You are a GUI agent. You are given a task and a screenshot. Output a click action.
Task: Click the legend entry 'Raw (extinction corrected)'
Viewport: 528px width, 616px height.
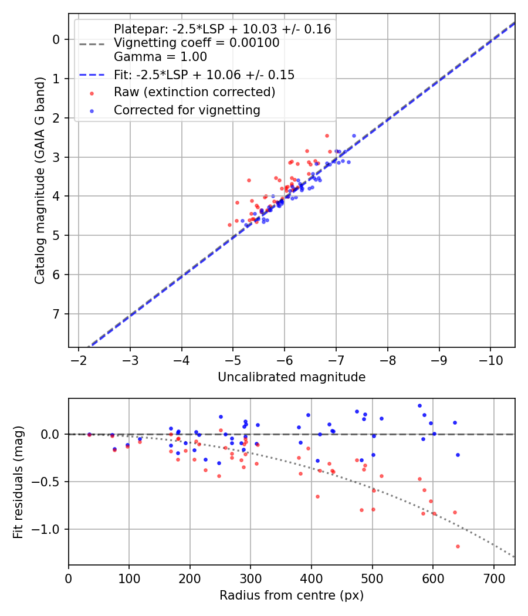tap(194, 92)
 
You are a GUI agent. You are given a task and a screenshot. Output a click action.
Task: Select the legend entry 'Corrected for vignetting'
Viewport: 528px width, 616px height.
tap(187, 110)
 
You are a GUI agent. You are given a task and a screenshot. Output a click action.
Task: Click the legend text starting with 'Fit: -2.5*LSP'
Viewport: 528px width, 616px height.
tap(204, 75)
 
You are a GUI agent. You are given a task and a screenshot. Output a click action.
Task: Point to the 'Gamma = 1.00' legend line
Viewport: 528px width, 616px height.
tap(160, 57)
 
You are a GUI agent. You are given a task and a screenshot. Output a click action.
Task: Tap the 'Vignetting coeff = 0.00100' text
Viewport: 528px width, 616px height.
tap(197, 43)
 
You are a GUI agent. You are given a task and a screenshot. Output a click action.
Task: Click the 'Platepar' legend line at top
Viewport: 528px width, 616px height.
tap(222, 29)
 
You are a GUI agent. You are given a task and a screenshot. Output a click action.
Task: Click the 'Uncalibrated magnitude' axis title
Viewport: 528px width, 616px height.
tap(292, 377)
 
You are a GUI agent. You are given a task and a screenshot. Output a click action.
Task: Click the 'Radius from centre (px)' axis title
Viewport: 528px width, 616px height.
tap(292, 595)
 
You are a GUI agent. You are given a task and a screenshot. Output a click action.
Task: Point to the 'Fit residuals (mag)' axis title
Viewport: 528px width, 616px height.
tap(18, 482)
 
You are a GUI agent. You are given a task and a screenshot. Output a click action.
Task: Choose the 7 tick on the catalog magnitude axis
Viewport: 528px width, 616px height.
tap(56, 314)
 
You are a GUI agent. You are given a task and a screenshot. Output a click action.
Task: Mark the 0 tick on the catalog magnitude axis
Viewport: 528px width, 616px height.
tap(56, 39)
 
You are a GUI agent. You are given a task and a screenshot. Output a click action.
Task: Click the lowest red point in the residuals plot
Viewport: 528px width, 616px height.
tap(458, 546)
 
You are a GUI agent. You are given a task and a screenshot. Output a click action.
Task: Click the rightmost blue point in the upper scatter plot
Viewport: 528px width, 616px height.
tap(354, 136)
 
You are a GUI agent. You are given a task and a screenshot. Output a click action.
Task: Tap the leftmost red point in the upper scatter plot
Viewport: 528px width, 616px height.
tap(229, 225)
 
